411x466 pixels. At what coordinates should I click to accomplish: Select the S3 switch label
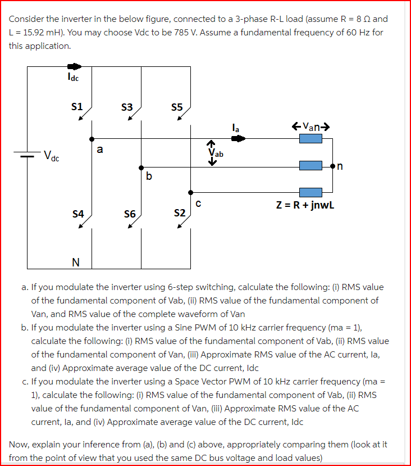tap(127, 106)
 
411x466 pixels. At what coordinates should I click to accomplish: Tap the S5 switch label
tap(176, 106)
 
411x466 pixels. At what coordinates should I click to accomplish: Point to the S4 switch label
tap(78, 214)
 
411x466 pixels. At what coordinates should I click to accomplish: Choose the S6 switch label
tap(129, 214)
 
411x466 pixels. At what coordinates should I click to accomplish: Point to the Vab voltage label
tap(215, 152)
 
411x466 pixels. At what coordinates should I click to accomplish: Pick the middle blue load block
tap(310, 166)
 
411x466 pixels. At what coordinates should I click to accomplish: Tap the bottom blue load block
tap(310, 192)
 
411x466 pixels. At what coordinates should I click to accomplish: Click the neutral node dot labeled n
tap(333, 166)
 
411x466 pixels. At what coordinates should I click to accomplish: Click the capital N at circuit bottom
tap(75, 261)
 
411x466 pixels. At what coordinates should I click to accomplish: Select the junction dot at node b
tap(141, 167)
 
